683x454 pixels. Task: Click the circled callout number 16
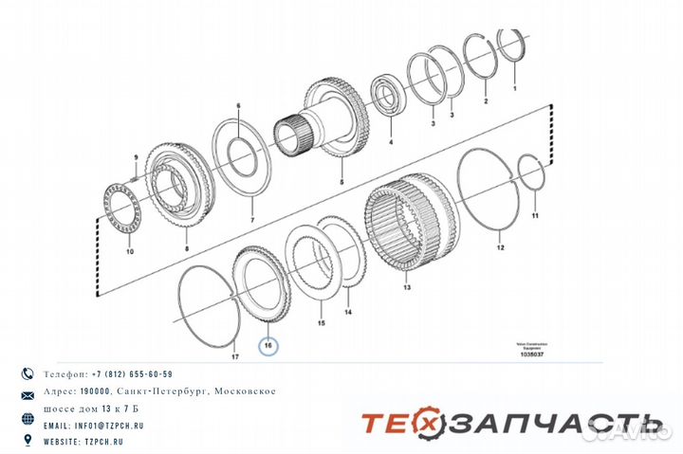tap(268, 347)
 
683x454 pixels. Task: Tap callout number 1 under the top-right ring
tap(515, 87)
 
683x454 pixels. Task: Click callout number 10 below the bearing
tap(130, 252)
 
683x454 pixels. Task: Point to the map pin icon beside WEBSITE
tap(28, 440)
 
